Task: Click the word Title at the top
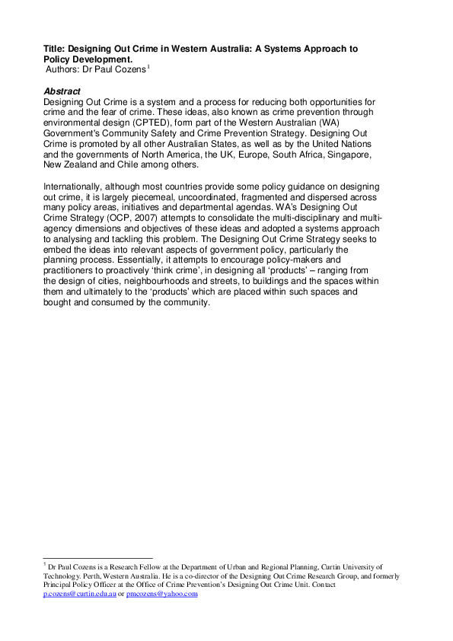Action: [x=54, y=48]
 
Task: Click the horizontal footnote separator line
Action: [x=98, y=558]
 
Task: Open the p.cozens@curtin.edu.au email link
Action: [x=79, y=594]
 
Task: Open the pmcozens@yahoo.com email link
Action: [x=161, y=594]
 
